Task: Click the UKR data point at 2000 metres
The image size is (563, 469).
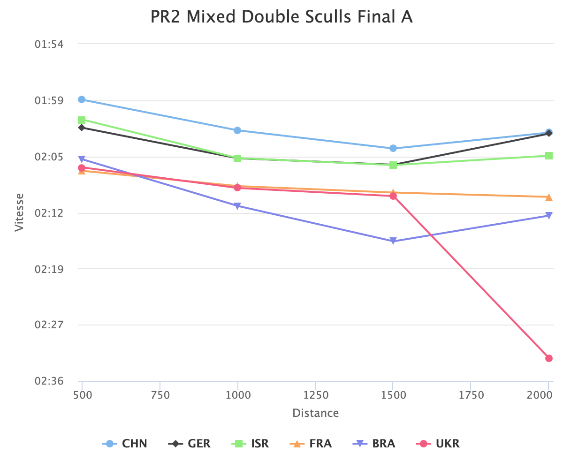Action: point(548,358)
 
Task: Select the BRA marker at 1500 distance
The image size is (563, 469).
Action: point(393,241)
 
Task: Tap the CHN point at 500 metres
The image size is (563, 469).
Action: point(82,99)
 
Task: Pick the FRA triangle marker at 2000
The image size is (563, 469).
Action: point(548,197)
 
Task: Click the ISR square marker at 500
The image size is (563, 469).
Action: point(82,120)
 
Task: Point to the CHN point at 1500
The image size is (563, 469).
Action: point(393,148)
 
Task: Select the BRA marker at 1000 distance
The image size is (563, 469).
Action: point(237,206)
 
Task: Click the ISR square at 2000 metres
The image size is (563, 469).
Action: point(548,156)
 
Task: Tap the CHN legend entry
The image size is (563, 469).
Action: point(125,444)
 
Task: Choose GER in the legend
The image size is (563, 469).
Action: point(190,444)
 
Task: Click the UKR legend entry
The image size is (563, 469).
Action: point(439,444)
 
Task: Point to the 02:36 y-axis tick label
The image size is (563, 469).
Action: point(49,381)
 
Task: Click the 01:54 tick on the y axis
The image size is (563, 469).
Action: point(49,44)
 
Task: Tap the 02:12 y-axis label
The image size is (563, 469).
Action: point(49,213)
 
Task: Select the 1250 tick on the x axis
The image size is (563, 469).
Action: point(316,395)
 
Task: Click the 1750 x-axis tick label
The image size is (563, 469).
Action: point(471,395)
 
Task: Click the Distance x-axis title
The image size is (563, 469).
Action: point(315,413)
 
